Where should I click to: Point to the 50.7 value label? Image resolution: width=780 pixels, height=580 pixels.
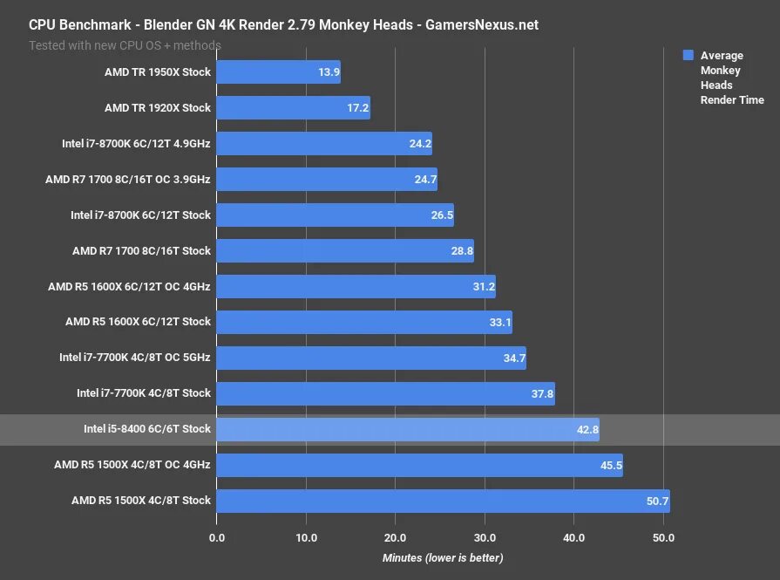pos(656,501)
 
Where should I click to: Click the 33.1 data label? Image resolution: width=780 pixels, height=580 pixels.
pos(499,322)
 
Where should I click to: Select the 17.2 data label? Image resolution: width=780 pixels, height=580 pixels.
pos(357,108)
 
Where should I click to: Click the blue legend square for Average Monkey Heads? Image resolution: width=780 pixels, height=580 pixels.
pos(688,55)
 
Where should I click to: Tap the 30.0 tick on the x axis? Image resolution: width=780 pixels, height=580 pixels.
pos(485,537)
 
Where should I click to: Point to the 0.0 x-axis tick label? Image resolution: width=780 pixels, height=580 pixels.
pos(216,537)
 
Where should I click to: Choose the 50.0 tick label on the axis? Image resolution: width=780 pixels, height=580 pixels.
pos(663,537)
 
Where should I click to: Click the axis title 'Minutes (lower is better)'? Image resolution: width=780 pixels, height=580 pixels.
pos(443,557)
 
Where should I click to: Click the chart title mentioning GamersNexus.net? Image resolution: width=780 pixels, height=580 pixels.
pos(283,24)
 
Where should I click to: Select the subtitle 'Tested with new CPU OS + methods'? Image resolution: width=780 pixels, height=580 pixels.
pos(125,44)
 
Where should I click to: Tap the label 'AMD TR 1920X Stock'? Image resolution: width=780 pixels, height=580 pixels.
pos(158,108)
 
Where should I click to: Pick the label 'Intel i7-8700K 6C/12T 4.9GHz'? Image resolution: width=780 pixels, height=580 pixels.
pos(136,144)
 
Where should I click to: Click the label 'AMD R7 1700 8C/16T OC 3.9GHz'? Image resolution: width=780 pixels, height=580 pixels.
pos(128,180)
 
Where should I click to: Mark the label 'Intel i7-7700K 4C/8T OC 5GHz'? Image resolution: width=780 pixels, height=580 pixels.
pos(135,358)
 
